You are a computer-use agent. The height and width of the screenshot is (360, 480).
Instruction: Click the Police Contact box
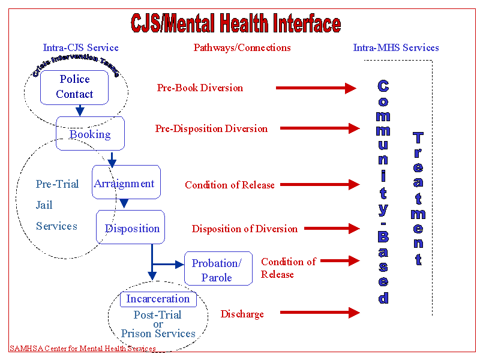click(x=74, y=87)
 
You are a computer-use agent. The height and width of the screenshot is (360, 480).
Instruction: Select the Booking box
click(x=90, y=133)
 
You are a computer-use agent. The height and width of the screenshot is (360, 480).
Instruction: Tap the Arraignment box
click(x=126, y=182)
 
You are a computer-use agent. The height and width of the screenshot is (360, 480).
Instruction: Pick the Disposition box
click(x=131, y=227)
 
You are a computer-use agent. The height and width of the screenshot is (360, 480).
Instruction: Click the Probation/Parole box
click(x=218, y=269)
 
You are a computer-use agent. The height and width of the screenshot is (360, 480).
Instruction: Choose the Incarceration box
click(x=158, y=299)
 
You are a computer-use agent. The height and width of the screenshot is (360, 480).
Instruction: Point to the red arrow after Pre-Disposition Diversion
click(x=319, y=128)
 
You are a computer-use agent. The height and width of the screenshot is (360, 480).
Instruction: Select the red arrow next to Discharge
click(x=319, y=313)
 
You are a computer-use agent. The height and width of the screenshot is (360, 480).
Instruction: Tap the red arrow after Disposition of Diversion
click(x=332, y=229)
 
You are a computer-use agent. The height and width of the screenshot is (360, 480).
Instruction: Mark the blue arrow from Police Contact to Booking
click(x=80, y=111)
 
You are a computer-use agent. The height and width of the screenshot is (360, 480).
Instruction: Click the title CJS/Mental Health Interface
click(x=236, y=24)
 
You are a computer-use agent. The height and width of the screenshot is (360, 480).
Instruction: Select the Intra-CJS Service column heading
click(x=81, y=47)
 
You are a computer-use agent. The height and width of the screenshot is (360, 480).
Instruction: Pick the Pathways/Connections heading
click(x=242, y=47)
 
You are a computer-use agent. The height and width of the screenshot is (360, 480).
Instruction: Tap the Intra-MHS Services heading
click(x=396, y=47)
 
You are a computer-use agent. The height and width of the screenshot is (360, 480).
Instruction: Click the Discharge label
click(x=242, y=314)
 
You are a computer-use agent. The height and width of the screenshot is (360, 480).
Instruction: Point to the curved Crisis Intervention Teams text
click(x=76, y=64)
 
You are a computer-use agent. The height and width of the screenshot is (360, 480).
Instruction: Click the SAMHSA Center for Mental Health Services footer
click(x=83, y=349)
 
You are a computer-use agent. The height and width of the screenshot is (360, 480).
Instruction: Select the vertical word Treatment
click(x=418, y=198)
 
